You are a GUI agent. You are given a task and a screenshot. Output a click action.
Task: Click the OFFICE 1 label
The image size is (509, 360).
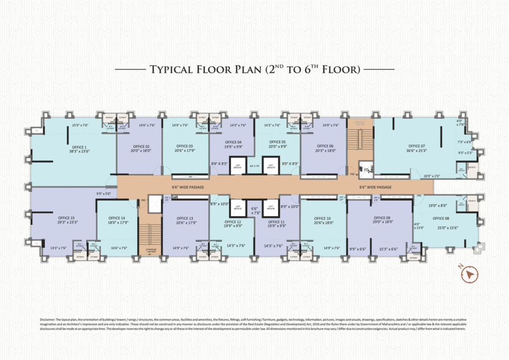[x=79, y=147]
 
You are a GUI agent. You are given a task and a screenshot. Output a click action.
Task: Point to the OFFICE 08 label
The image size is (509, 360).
[x=440, y=218]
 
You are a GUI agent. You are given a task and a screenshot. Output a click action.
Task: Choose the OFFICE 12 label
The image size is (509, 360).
[x=233, y=222]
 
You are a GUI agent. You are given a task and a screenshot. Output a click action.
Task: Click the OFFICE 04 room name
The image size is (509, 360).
[x=233, y=142]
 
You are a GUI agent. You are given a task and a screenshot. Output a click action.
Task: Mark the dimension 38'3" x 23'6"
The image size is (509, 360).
[x=79, y=152]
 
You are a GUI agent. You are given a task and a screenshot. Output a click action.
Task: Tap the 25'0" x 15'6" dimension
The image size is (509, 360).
[x=440, y=228]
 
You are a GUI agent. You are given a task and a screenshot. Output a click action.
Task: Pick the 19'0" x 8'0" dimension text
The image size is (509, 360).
[x=437, y=204]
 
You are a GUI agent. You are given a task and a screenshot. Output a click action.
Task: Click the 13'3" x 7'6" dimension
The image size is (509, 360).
[x=59, y=248]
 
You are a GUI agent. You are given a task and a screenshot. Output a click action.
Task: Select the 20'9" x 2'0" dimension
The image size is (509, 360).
[x=432, y=176]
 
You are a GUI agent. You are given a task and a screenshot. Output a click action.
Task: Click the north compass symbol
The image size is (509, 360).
[x=469, y=274]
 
